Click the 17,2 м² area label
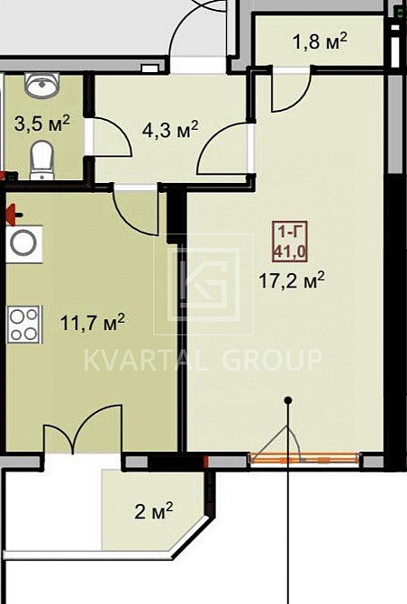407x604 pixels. (x=292, y=280)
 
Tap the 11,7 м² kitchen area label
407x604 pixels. (x=93, y=322)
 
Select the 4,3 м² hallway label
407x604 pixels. (x=170, y=130)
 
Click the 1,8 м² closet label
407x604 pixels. (x=320, y=41)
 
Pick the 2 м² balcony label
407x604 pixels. (x=154, y=511)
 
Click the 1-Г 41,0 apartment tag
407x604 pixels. (x=290, y=242)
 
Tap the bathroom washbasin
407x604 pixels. (x=42, y=85)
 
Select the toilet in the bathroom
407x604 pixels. (x=42, y=160)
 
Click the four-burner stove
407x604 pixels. (x=23, y=325)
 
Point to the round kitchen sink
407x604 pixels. (x=23, y=243)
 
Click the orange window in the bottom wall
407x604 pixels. (x=304, y=459)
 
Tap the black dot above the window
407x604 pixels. (x=288, y=400)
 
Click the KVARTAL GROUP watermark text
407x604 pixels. (x=203, y=361)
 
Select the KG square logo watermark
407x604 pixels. (x=203, y=284)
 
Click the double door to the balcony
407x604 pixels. (x=83, y=429)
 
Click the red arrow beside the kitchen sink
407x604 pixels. (x=14, y=215)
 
